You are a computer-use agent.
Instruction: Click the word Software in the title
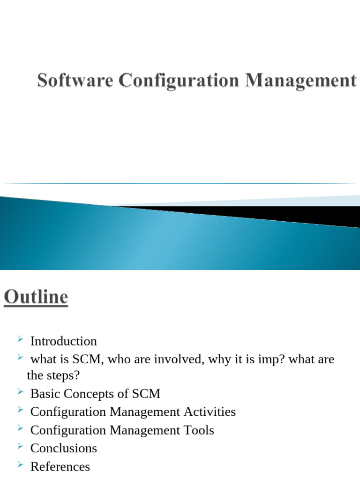pyautogui.click(x=75, y=80)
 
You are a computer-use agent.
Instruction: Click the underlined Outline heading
pyautogui.click(x=36, y=297)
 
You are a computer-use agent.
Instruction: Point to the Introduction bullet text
pyautogui.click(x=63, y=341)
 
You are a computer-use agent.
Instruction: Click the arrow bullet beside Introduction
pyautogui.click(x=20, y=338)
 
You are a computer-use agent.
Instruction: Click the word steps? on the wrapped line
pyautogui.click(x=63, y=375)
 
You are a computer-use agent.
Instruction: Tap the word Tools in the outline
pyautogui.click(x=198, y=430)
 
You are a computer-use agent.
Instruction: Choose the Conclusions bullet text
pyautogui.click(x=63, y=448)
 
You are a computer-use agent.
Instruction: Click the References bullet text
pyautogui.click(x=60, y=466)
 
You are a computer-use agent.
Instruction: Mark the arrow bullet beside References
pyautogui.click(x=20, y=464)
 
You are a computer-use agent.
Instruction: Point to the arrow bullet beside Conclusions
pyautogui.click(x=20, y=445)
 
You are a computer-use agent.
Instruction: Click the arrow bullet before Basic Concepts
pyautogui.click(x=20, y=391)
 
